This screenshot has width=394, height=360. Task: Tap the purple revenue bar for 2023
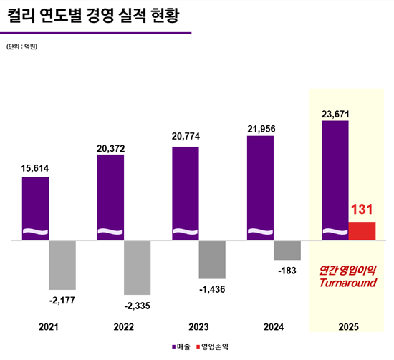coord(186,194)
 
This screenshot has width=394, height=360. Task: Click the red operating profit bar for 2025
coord(362,231)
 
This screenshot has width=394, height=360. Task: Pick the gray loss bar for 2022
coord(137,268)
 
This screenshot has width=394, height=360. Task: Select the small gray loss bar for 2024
coord(287,250)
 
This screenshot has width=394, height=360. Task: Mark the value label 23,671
coord(335,112)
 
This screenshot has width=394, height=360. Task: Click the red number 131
coord(362,210)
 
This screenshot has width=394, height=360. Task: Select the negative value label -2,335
coord(137,306)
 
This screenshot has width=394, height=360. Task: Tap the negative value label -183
coord(287,271)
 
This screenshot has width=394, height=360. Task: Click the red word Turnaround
coord(347,283)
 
